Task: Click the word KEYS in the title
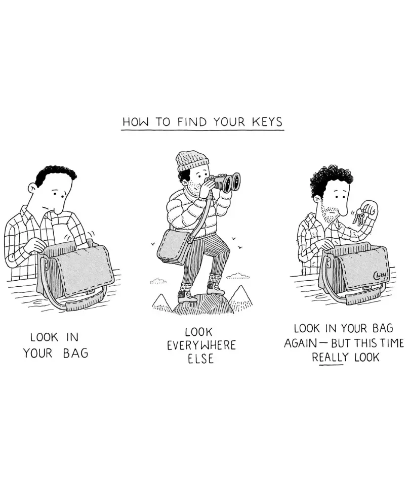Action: point(267,121)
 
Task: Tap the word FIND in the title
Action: point(192,121)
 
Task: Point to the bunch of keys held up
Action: point(359,217)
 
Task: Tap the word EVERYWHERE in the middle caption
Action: point(201,345)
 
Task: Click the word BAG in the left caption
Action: point(75,353)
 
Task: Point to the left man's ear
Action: point(32,188)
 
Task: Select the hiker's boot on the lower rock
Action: point(187,297)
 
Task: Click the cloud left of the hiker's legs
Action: point(158,281)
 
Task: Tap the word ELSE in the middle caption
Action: point(201,359)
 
